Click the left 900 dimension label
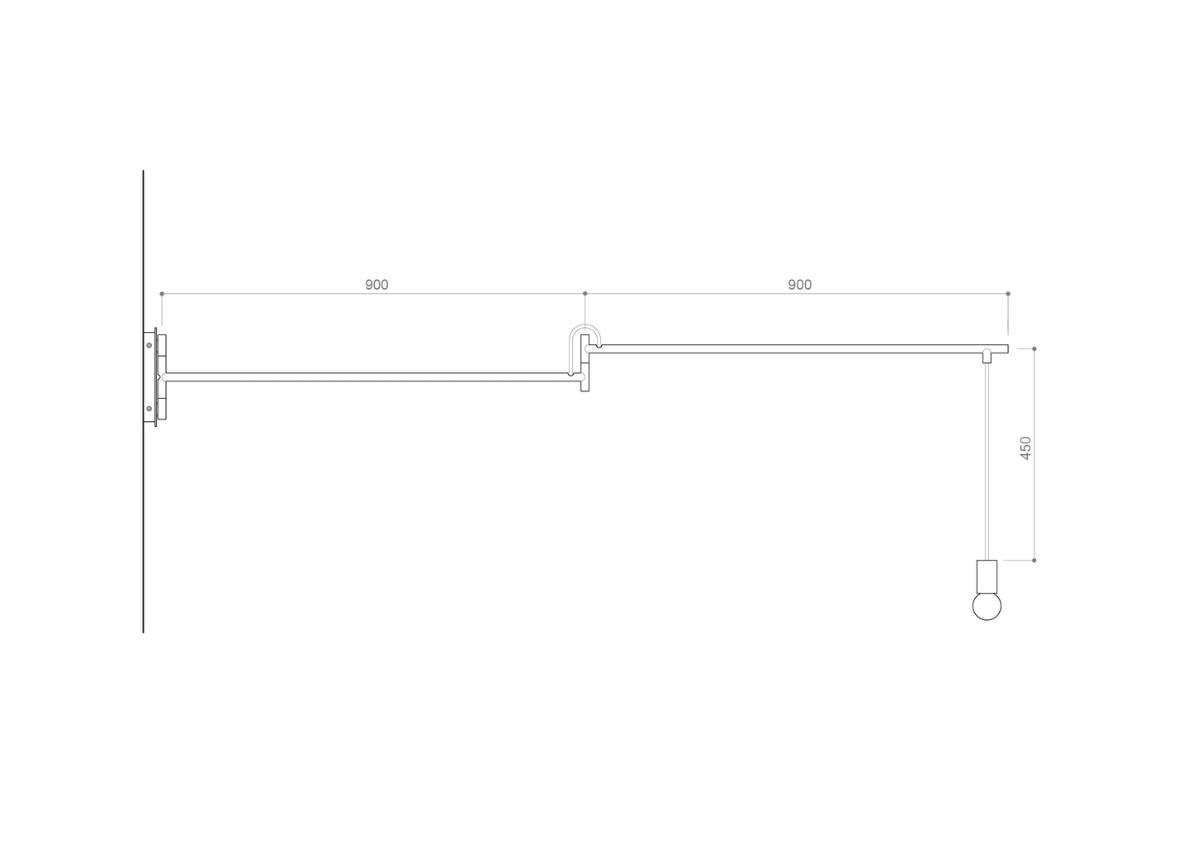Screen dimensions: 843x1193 point(376,285)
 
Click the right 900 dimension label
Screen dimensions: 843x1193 point(799,285)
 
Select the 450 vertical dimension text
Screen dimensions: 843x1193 point(1026,448)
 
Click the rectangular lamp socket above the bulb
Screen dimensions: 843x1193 point(987,573)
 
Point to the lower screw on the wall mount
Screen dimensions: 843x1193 point(149,408)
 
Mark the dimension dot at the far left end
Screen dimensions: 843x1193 point(162,294)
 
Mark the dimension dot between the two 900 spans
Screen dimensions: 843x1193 point(585,294)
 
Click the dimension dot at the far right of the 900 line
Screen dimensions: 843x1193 point(1008,294)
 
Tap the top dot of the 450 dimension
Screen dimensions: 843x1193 point(1034,348)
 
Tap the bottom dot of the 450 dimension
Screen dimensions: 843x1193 point(1034,560)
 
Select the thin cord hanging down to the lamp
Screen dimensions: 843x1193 point(987,462)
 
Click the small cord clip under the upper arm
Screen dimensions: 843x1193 point(987,358)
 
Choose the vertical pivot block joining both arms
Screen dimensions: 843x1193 point(585,363)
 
